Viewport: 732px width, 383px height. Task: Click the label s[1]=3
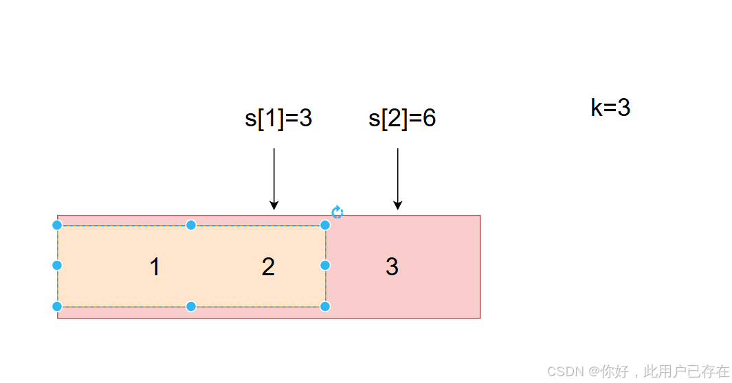coord(278,119)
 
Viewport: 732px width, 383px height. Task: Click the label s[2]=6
coord(402,119)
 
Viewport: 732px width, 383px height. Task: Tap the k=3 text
coord(610,108)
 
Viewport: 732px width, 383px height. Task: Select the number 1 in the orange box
coord(155,267)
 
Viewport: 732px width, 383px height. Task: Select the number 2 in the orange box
coord(268,267)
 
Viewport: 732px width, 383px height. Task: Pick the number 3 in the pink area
coord(392,267)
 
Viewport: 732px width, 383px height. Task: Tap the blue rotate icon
coord(337,212)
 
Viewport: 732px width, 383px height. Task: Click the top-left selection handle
coord(57,225)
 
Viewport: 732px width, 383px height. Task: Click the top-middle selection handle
coord(191,225)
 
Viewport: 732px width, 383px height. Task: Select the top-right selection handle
coord(325,225)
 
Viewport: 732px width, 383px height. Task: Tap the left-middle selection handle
coord(57,265)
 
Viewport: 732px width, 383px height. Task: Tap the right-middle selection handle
coord(325,265)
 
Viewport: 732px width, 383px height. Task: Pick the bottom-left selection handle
coord(57,306)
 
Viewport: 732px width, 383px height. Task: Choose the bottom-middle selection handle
coord(191,306)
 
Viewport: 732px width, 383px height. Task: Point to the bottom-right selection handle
coord(325,306)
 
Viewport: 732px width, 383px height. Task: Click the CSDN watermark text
coord(638,371)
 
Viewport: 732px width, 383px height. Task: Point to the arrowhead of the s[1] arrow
coord(274,205)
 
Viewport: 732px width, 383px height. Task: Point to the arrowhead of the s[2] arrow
coord(397,205)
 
